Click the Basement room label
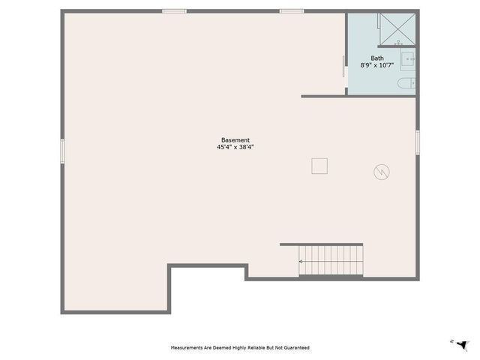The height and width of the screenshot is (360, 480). coord(235,140)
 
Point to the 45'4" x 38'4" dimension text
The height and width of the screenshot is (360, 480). coord(235,148)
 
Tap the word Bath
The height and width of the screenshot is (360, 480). coord(377,58)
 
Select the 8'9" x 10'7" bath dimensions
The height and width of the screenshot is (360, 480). coord(377,65)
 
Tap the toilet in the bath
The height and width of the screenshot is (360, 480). coord(406,82)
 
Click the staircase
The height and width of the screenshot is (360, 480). coord(330,260)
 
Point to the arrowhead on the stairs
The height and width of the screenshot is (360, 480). coord(301,261)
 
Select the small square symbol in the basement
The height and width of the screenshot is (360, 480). coord(320,165)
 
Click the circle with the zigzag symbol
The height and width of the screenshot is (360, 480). coord(382,172)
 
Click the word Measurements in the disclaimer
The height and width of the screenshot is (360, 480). coord(188,348)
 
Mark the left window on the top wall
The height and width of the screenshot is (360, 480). coord(174,11)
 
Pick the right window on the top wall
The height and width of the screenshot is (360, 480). coord(292,11)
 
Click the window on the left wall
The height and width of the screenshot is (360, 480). coord(62,149)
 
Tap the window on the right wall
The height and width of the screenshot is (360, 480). coord(417,142)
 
